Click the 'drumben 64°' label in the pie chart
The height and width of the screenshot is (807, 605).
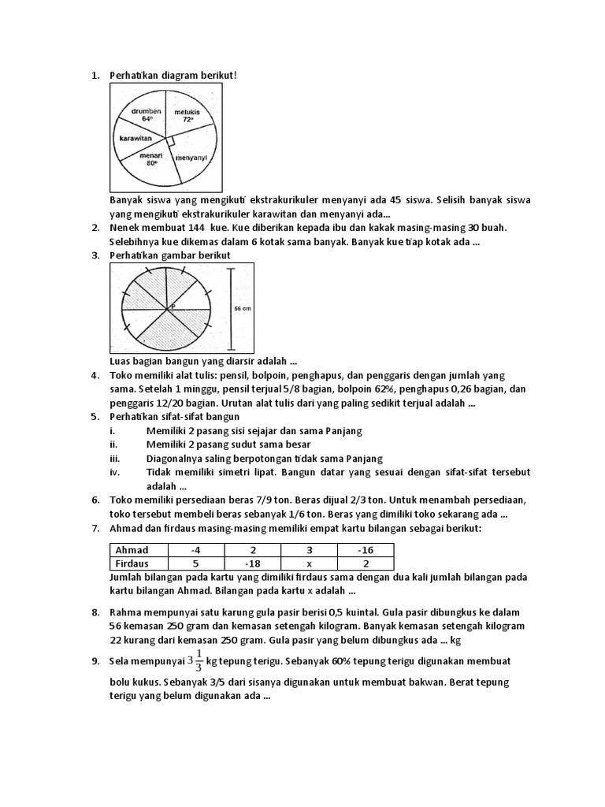[147, 116]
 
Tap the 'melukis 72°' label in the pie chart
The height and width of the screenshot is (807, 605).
[187, 117]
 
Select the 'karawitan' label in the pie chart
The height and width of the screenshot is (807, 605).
[135, 137]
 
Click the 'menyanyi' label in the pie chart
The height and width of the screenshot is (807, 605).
[190, 157]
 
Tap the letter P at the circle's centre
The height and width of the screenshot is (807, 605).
[172, 303]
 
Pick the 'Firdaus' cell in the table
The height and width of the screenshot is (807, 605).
[132, 563]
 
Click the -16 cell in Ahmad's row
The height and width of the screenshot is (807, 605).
[365, 550]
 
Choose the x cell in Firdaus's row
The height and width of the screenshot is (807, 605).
[309, 563]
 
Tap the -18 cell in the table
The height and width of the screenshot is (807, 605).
[253, 563]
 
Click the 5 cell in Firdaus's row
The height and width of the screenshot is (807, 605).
[196, 563]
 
